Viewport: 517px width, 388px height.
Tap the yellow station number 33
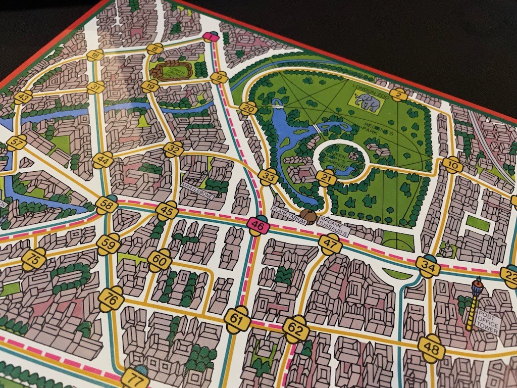[269, 177]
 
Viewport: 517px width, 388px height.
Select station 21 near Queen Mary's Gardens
[327, 177]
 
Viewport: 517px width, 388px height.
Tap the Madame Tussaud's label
[333, 228]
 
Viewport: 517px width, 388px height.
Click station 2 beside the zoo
[399, 94]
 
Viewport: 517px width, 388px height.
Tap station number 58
[107, 205]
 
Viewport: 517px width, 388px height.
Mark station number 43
[23, 97]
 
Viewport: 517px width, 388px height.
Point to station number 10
[453, 165]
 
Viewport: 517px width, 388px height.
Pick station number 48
[432, 348]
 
